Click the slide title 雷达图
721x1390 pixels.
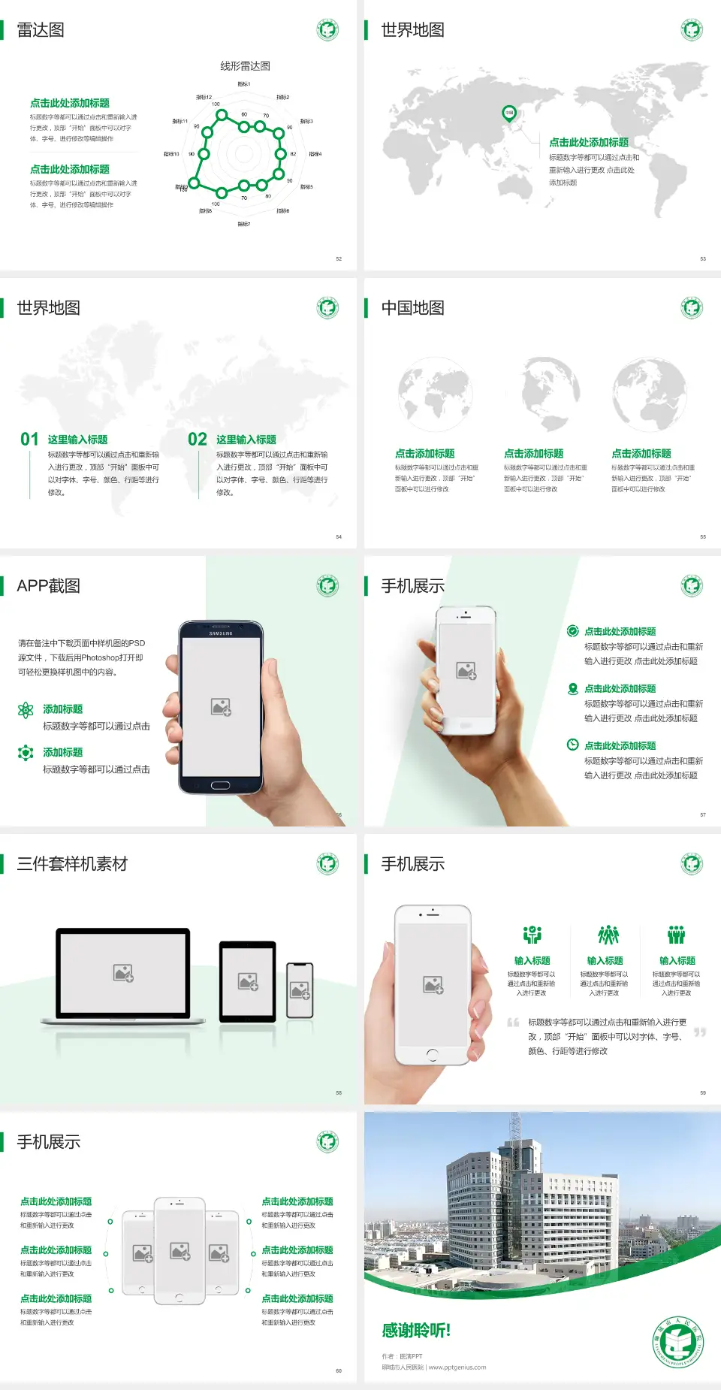41,30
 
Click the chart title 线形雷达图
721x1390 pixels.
245,66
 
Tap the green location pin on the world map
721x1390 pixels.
508,113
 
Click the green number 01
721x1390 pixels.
29,440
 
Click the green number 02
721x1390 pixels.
198,440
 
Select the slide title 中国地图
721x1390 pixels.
412,308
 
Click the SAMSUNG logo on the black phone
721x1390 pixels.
221,633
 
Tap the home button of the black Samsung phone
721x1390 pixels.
220,785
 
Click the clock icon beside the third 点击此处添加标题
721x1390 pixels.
572,745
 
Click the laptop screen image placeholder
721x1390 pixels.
123,973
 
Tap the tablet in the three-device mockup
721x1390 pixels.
248,981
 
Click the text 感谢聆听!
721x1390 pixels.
416,1331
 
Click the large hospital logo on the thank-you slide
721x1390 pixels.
679,1342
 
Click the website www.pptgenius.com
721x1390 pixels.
457,1367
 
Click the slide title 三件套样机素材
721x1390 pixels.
72,864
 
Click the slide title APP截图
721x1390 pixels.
48,586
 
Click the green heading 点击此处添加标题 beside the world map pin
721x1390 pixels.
589,143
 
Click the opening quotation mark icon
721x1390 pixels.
513,1023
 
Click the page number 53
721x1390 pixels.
703,259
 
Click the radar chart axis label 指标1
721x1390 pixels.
244,84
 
